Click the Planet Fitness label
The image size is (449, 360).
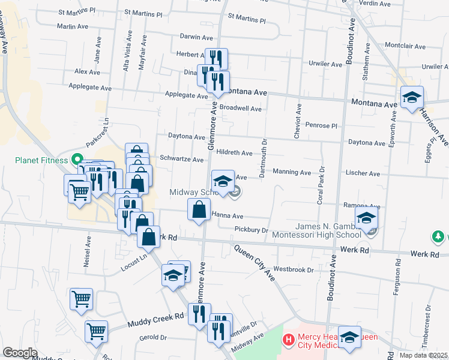tap(40, 160)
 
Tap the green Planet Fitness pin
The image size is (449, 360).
tap(76, 160)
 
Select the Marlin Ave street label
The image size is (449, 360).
tap(73, 26)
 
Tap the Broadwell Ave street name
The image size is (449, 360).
tap(240, 109)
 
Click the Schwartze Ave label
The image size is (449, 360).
tap(182, 159)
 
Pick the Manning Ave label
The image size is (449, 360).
tap(292, 172)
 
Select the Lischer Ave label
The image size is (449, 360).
tap(363, 173)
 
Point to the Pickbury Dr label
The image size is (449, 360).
tap(251, 230)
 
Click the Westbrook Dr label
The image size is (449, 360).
tap(294, 269)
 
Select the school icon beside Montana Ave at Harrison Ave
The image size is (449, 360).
tap(412, 98)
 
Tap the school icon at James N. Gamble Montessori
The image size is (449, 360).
tap(366, 220)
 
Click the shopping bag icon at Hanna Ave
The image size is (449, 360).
tap(199, 210)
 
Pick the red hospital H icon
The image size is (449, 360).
tap(289, 341)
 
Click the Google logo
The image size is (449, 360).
tap(20, 353)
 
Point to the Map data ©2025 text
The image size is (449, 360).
tap(423, 355)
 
